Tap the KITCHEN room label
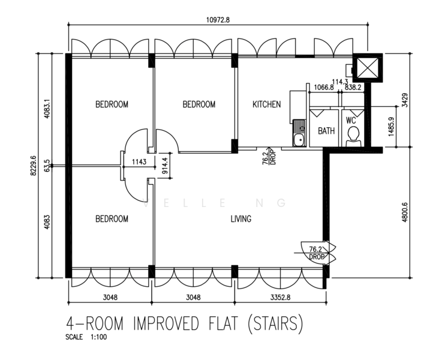pyautogui.click(x=266, y=104)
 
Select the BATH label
pyautogui.click(x=326, y=131)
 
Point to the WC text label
pyautogui.click(x=352, y=119)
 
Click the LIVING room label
pyautogui.click(x=240, y=219)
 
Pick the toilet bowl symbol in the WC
pyautogui.click(x=353, y=135)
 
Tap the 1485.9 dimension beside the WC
pyautogui.click(x=390, y=127)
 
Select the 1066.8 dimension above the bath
pyautogui.click(x=324, y=87)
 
